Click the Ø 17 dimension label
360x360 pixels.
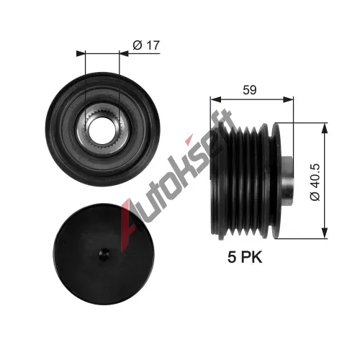pos(146,45)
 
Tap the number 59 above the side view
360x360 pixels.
pos(250,90)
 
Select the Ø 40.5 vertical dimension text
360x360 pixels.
pos(315,182)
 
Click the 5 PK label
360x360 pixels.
pos(245,257)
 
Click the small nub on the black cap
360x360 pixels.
pos(104,254)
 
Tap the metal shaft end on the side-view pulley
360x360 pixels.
pos(287,181)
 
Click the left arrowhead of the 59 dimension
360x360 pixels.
pos(215,99)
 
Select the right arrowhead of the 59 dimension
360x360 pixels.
pos(288,99)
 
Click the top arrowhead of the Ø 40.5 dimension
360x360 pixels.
pos(324,128)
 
